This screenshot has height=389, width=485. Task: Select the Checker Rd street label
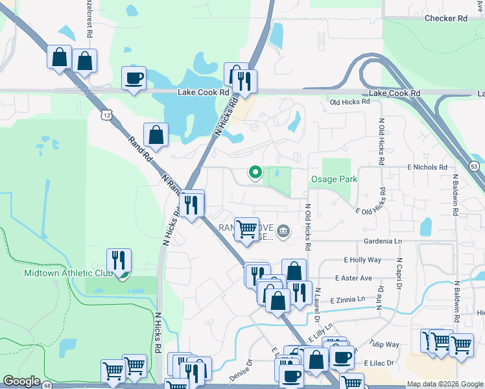(x=445, y=19)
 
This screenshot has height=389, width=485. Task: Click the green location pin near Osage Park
(x=255, y=172)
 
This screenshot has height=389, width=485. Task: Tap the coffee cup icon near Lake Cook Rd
(x=134, y=78)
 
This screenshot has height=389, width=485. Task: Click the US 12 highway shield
(x=106, y=115)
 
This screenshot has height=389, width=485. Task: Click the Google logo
(x=21, y=381)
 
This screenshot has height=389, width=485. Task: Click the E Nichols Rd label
(x=427, y=167)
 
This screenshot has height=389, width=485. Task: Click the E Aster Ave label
(x=353, y=278)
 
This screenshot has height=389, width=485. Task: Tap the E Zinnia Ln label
(x=348, y=300)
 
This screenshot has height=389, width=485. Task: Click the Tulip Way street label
(x=385, y=346)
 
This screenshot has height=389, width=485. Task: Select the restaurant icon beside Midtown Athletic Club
(x=119, y=261)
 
